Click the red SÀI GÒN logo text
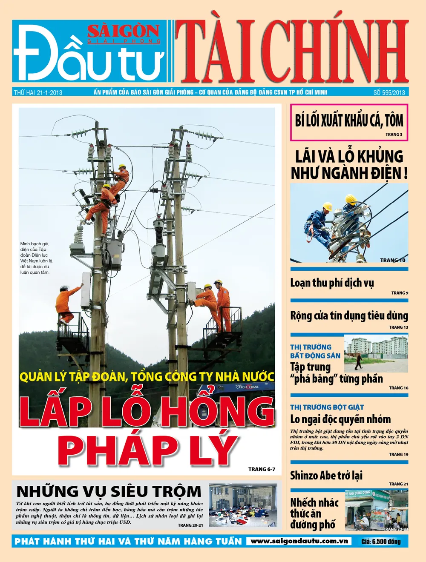pos(124,31)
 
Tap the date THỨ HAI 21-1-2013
pos(38,92)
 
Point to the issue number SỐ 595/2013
pos(389,92)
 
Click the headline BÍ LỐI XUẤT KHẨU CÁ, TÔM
pos(349,120)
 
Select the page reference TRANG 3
pos(394,135)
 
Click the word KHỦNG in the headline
pos(381,157)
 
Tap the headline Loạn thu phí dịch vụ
pos(332,283)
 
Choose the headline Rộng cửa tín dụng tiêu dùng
pos(349,316)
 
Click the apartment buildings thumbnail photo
pos(376,353)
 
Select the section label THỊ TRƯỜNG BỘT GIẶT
pos(327,407)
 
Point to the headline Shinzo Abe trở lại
pos(326,475)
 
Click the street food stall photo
pos(376,510)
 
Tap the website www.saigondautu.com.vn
pos(299,541)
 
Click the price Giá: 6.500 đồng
pos(381,542)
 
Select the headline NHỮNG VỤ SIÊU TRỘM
pos(109,491)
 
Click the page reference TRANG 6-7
pos(262,469)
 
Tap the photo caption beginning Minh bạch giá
pos(36,258)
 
